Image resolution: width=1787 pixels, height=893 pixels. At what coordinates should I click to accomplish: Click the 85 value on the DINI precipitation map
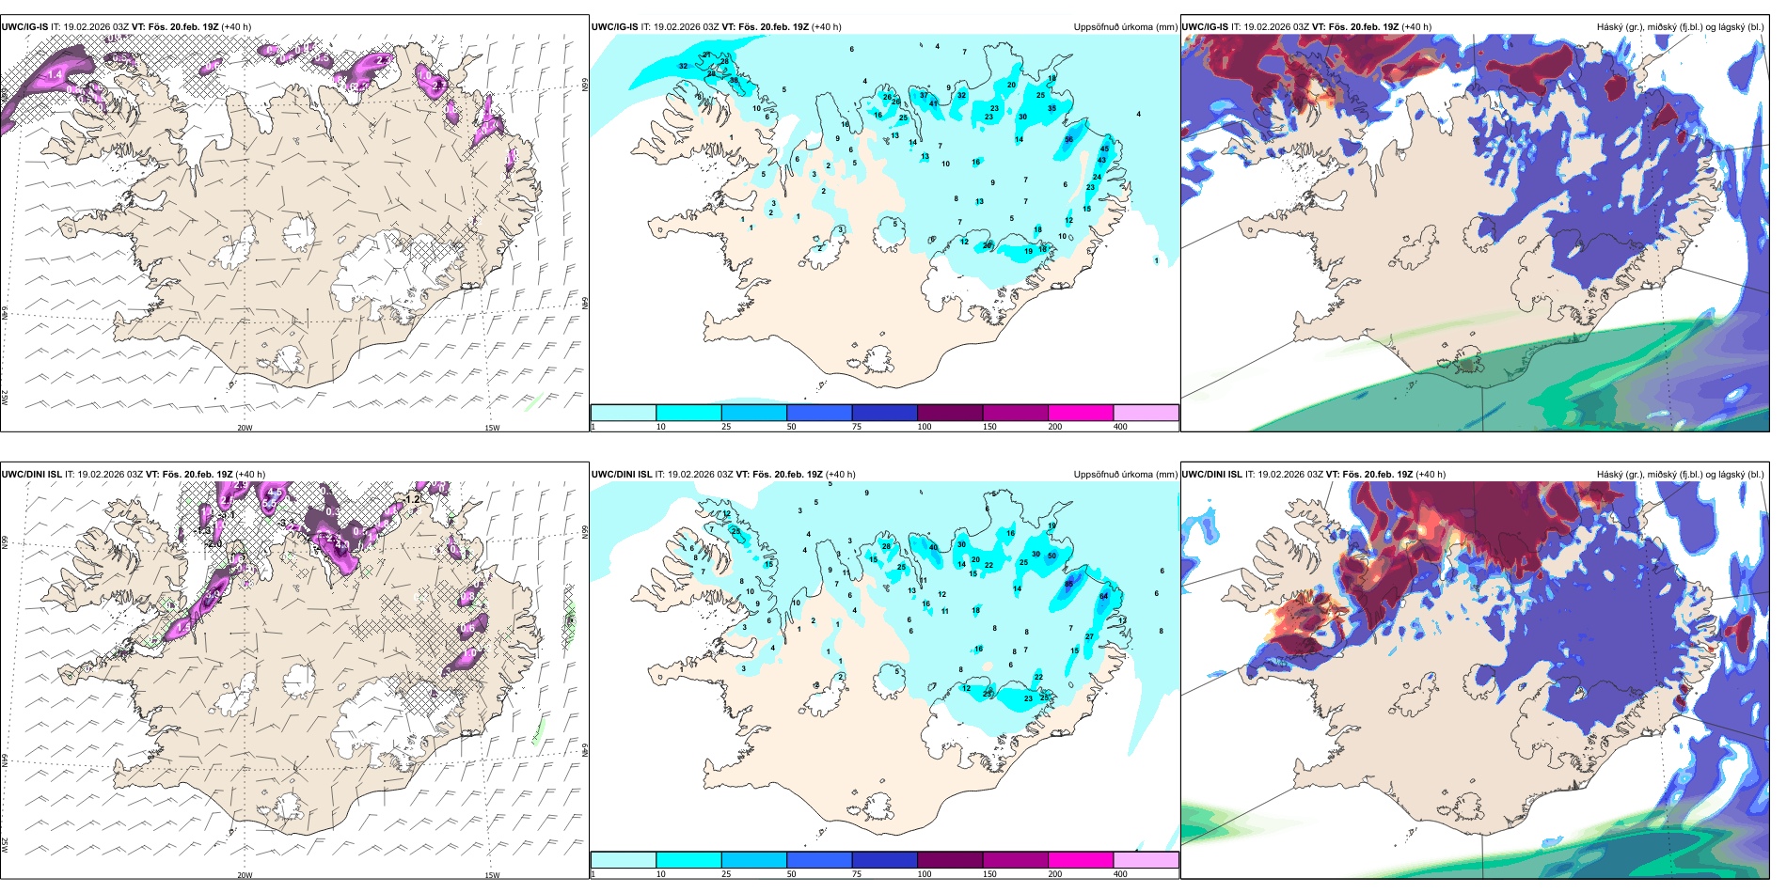1068,584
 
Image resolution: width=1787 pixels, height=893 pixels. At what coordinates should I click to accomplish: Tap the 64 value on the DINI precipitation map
1103,596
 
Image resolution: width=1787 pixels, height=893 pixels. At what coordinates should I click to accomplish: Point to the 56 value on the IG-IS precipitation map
1068,139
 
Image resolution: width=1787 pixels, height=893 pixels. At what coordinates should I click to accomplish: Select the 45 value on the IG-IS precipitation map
1104,149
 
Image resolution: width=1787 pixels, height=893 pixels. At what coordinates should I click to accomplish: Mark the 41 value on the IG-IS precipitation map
934,103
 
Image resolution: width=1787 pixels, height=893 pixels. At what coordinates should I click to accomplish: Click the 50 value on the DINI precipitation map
1052,556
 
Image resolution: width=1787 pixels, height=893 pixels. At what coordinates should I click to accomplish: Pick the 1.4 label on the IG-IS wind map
54,74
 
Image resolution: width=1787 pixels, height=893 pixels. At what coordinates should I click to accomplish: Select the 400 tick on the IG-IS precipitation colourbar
1120,427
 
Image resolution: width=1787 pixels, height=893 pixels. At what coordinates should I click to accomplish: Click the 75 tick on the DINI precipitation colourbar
856,874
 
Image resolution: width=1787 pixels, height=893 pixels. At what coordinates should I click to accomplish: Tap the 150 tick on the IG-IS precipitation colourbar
988,427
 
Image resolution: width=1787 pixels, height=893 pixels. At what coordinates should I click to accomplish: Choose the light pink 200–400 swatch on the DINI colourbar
1146,860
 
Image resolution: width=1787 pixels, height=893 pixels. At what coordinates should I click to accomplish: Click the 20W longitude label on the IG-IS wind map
245,428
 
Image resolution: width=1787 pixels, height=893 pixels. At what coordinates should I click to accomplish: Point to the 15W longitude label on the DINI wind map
491,875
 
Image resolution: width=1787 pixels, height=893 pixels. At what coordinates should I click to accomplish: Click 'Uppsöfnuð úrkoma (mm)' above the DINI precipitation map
1125,475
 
